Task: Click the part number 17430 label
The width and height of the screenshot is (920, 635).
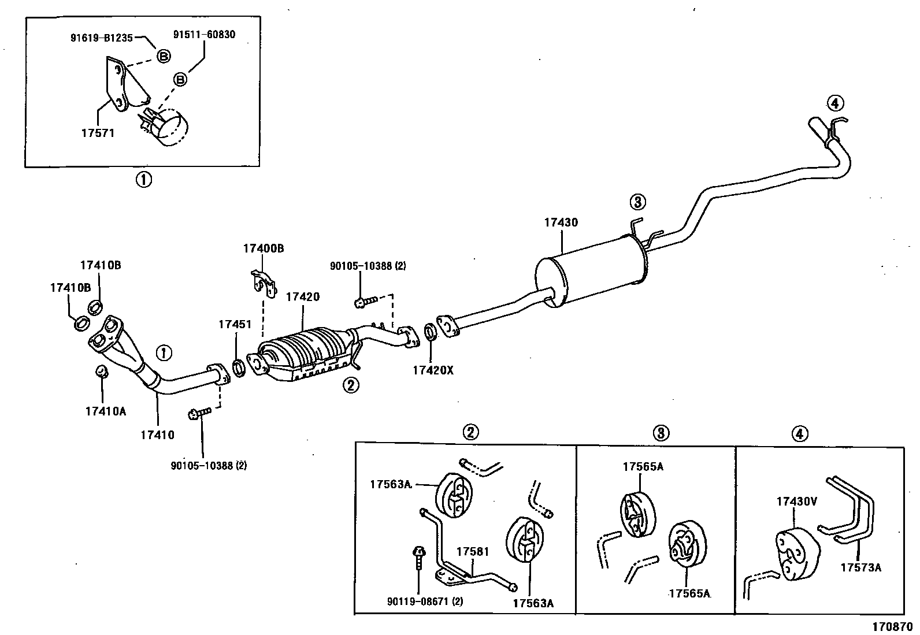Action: (561, 222)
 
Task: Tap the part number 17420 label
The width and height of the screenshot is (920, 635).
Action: (303, 297)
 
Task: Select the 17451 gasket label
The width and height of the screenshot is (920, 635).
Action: (235, 325)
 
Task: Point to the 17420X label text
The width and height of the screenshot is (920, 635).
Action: (433, 370)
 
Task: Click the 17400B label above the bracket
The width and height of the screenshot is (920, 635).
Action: (264, 248)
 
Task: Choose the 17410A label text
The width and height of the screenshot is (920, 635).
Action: (106, 411)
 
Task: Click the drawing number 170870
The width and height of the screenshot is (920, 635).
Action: (892, 627)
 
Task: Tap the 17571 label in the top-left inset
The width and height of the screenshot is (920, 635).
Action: (98, 133)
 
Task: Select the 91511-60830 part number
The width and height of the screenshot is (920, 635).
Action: (204, 35)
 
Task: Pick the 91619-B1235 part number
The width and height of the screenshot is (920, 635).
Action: (102, 38)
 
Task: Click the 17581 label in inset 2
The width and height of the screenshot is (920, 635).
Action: (473, 552)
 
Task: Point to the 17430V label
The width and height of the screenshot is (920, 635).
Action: (797, 502)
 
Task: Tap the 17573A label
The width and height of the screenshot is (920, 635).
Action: (861, 567)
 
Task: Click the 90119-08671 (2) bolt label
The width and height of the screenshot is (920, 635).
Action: (425, 601)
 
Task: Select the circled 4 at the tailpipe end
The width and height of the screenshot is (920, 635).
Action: (835, 103)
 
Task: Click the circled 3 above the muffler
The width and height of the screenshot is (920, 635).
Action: (637, 202)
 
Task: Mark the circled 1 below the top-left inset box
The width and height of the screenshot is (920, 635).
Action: (144, 180)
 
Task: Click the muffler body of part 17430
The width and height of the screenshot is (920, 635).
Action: (591, 271)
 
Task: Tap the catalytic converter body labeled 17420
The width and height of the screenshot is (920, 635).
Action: (306, 354)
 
